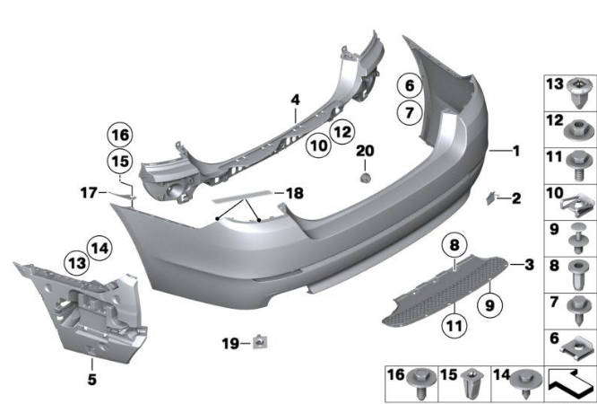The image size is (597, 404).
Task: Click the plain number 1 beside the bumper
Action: pos(515,151)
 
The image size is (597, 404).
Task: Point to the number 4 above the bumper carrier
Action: pos(293,101)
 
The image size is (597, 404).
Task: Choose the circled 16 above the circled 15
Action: pos(119,136)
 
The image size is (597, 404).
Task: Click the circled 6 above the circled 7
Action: pos(408,87)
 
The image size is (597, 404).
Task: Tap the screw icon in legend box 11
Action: pos(579,170)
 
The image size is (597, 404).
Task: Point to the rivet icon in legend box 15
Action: pos(472,385)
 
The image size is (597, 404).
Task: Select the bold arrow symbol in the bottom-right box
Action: pos(568,384)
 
